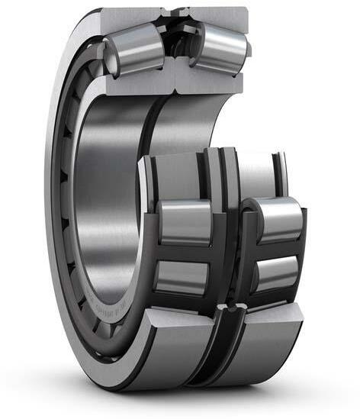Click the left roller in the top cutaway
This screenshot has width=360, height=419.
tap(135, 50)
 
